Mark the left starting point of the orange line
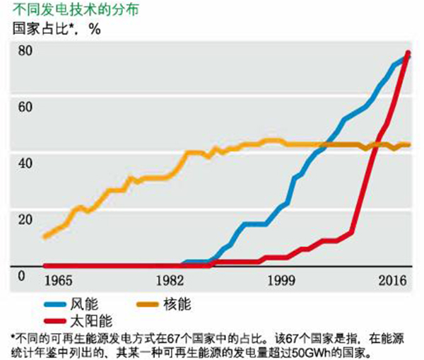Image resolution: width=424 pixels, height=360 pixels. pyautogui.click(x=45, y=236)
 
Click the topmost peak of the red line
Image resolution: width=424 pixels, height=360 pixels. pyautogui.click(x=408, y=53)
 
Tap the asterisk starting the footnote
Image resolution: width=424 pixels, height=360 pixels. pyautogui.click(x=13, y=336)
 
